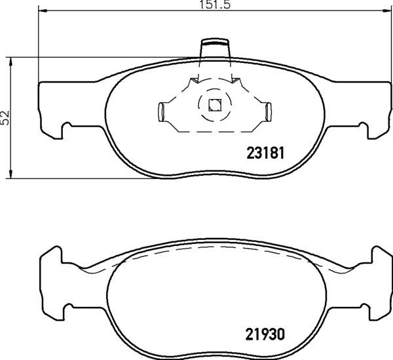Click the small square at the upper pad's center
pos(214,104)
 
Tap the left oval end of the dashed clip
pos(160,112)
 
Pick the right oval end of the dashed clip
pos(267,112)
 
